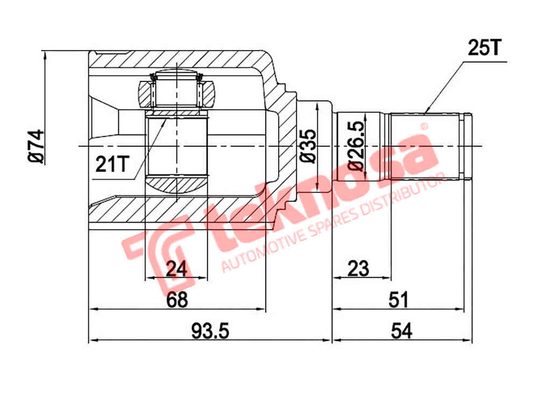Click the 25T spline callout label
click(x=484, y=49)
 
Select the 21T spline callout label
click(x=112, y=163)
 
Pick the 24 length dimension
click(x=176, y=268)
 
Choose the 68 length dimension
click(x=176, y=300)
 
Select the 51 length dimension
click(x=399, y=300)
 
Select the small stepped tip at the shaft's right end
click(x=468, y=146)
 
